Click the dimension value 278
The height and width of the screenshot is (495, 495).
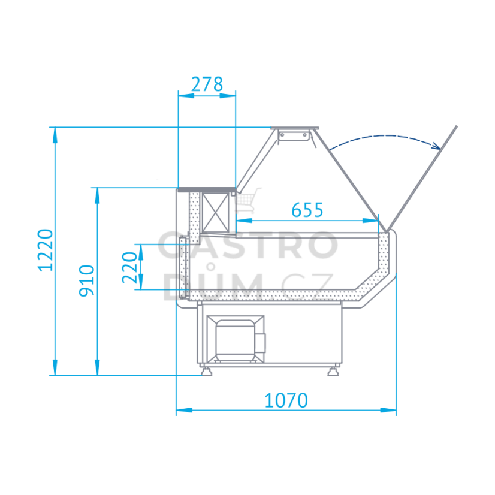point(207,84)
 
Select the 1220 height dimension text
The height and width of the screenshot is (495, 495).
point(46,250)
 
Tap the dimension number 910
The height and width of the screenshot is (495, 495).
point(86,280)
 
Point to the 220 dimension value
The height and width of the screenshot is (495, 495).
point(130,267)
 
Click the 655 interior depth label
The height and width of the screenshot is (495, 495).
point(307,210)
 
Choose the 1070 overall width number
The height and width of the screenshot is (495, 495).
point(286,400)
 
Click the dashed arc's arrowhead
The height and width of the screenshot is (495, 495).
point(437,146)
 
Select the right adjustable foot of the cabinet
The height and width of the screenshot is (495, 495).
point(333,371)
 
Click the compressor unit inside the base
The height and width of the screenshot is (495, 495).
point(236,339)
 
